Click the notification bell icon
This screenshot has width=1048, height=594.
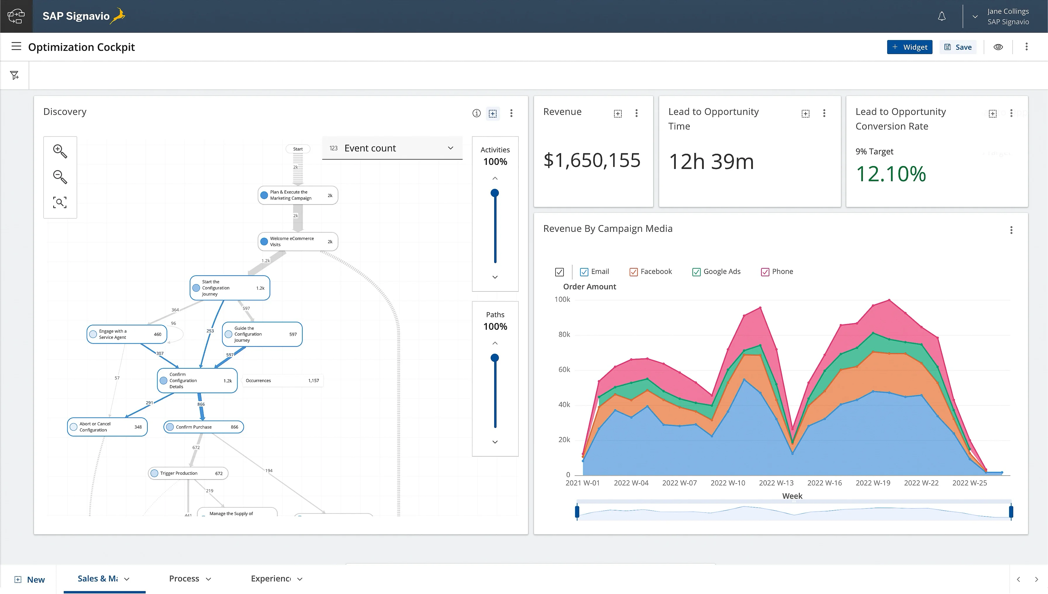tap(942, 16)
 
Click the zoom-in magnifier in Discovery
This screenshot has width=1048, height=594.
tap(60, 151)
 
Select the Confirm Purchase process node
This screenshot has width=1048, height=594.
tap(203, 427)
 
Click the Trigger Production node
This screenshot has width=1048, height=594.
tap(188, 473)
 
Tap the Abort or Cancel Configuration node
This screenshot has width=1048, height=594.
tap(107, 427)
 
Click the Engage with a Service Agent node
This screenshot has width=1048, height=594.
tap(127, 334)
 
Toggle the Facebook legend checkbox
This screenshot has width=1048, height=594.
tap(633, 272)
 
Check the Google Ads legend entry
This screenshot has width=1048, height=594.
tap(696, 272)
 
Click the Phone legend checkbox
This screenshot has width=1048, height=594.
tap(765, 272)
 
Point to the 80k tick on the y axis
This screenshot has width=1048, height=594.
tap(564, 334)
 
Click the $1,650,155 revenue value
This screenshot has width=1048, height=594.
tap(592, 160)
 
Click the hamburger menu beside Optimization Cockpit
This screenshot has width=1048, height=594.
tap(16, 46)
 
